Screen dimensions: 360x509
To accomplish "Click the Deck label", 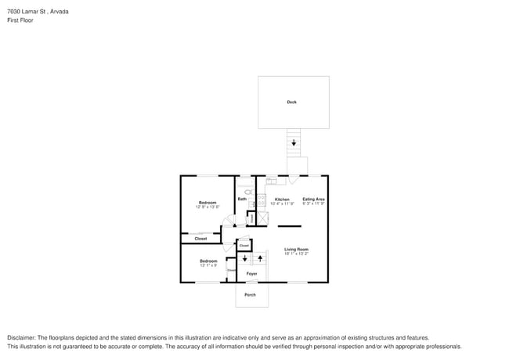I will click(x=291, y=102).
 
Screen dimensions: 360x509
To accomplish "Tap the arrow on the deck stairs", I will click(x=294, y=143).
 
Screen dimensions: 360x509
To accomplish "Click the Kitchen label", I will click(x=282, y=200).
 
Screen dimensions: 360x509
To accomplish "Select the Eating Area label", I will click(x=313, y=200).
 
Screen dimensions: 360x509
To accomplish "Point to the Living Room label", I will click(x=296, y=249).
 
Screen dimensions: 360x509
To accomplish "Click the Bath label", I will click(x=242, y=200).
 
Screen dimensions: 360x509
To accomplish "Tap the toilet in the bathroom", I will click(x=247, y=192).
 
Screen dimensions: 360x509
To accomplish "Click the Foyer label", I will click(x=251, y=274).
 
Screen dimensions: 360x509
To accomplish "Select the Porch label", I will click(x=250, y=295).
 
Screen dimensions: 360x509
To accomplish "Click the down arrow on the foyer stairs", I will click(x=245, y=258).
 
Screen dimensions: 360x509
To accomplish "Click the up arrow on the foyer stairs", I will click(x=259, y=258).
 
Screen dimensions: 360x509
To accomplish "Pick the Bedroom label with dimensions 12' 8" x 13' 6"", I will click(x=208, y=203).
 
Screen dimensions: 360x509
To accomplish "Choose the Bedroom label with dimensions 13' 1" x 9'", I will click(x=208, y=261).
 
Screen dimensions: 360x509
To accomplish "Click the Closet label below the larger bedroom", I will click(x=200, y=239).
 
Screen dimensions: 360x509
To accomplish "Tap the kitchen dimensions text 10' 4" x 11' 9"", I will click(x=282, y=204).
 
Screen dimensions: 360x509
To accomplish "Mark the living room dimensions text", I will click(x=296, y=254).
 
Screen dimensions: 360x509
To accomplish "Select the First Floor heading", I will click(x=20, y=20).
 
